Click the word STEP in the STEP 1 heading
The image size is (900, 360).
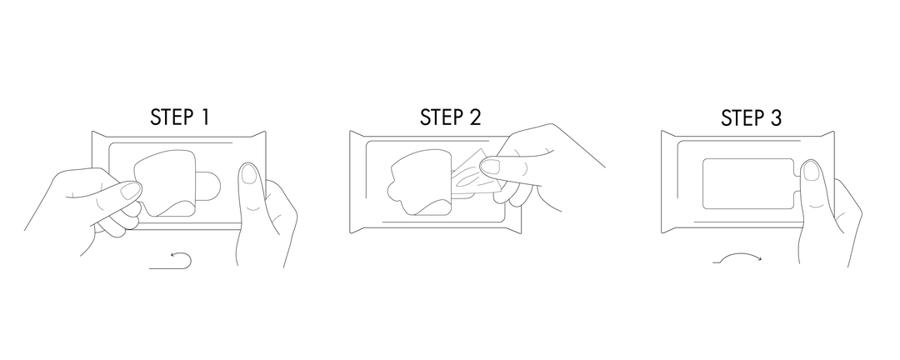(172, 117)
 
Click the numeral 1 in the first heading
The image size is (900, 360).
(204, 117)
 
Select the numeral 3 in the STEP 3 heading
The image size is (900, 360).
(775, 117)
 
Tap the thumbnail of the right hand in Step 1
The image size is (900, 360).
(248, 173)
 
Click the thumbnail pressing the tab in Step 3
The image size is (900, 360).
(811, 171)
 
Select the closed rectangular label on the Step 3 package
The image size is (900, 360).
(748, 183)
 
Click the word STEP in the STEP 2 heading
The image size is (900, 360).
(441, 117)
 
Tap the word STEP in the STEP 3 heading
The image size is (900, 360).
(742, 117)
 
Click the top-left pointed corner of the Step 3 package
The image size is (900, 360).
(662, 131)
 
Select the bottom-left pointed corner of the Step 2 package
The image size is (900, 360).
(350, 232)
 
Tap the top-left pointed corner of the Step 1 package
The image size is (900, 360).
(92, 132)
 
